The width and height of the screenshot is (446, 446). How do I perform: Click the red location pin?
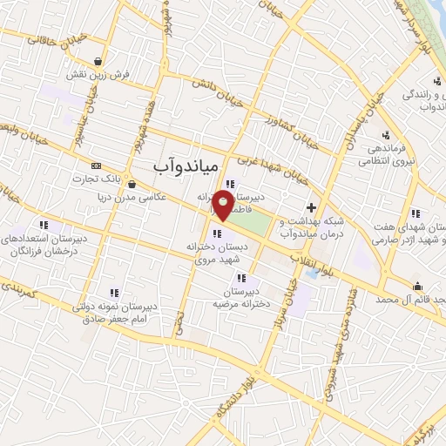click(225, 206)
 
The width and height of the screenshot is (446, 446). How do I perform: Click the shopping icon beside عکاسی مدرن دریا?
click(131, 183)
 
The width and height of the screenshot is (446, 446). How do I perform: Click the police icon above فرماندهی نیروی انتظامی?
click(386, 135)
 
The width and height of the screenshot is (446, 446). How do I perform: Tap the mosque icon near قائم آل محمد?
click(417, 287)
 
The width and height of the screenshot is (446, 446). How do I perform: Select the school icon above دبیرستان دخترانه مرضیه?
click(240, 277)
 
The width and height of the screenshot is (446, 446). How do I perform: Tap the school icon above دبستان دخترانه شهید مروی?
click(217, 232)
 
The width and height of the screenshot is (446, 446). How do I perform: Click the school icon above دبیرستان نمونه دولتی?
click(112, 294)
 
